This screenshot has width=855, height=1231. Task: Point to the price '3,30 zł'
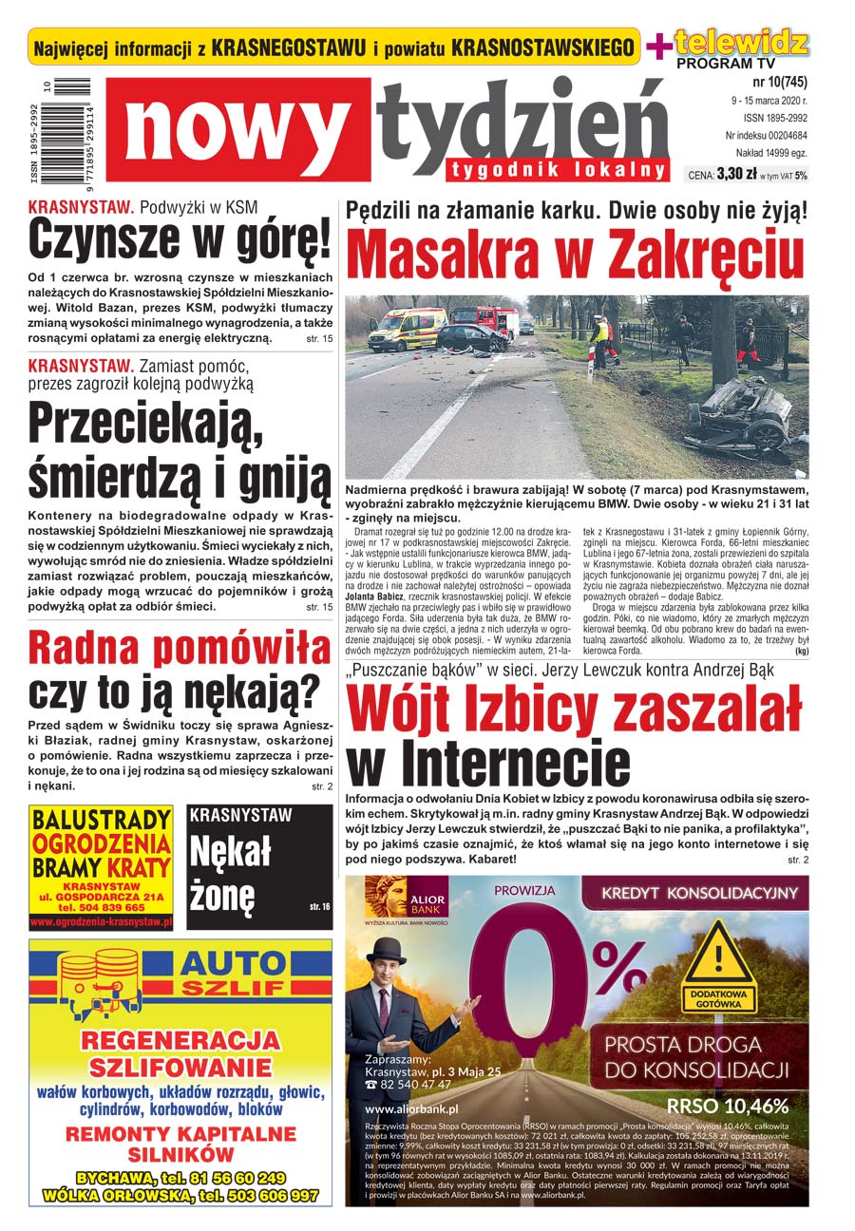736,175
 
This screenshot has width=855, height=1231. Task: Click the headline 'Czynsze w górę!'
180,239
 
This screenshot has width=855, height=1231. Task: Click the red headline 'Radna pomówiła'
180,649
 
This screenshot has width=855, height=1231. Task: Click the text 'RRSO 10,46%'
728,1106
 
